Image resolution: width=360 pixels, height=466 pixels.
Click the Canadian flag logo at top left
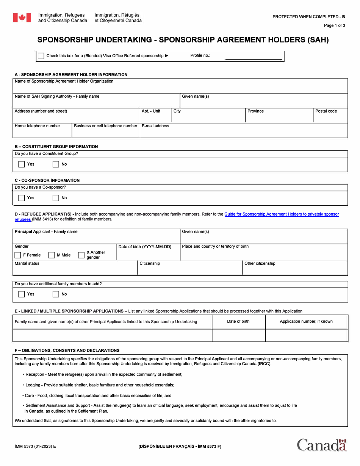22,17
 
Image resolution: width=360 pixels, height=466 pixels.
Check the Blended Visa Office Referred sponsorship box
41,56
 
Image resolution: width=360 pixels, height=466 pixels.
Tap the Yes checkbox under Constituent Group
22,164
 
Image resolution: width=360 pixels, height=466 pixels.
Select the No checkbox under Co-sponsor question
56,198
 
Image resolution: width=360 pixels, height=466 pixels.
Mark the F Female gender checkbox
18,255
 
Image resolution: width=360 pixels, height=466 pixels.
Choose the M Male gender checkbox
52,255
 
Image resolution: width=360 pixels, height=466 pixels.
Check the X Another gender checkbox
81,255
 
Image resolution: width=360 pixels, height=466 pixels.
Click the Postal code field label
326,111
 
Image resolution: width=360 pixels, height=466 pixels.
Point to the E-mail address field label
155,126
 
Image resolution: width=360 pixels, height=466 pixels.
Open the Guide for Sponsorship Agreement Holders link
281,214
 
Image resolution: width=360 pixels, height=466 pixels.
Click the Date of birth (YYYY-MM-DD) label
145,247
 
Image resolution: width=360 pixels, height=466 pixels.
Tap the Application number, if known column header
306,321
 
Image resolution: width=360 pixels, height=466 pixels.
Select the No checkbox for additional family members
56,294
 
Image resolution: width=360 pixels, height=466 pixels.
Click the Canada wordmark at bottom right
322,445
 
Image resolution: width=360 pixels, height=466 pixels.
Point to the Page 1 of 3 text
334,25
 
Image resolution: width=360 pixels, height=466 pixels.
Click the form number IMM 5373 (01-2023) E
35,446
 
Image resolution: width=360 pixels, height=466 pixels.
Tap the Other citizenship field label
260,263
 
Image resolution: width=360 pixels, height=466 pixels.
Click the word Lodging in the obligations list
33,385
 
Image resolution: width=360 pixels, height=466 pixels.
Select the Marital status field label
27,263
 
